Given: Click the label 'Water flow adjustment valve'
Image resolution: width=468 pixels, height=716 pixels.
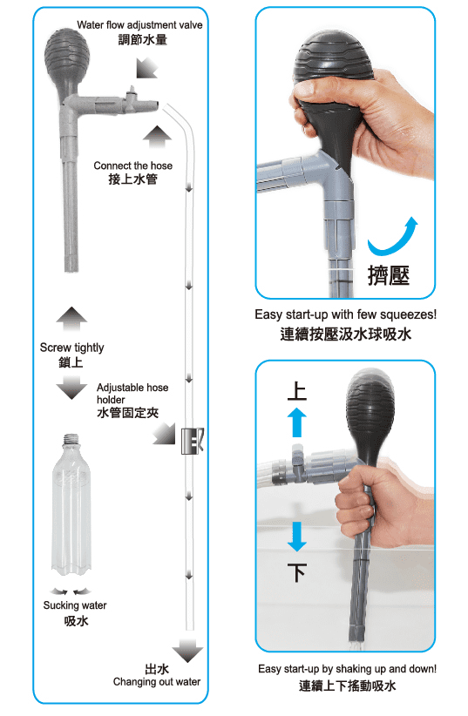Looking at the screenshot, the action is point(139,24).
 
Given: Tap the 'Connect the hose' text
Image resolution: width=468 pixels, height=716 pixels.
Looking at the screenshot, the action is point(133,165).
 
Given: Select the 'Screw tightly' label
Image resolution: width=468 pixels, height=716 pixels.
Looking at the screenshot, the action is point(71,348).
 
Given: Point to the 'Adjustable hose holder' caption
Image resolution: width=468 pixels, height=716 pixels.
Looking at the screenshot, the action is point(132,393).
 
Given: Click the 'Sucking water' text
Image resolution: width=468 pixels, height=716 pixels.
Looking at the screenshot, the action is point(75,605).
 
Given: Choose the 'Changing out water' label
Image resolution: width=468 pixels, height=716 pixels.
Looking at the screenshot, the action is point(157,682).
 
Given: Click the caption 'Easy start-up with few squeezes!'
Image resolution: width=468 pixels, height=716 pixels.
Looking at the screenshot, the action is point(345,314).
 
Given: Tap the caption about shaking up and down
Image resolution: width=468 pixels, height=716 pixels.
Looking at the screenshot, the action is point(347,669).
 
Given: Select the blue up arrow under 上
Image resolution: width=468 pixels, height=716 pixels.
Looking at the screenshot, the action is point(296,422).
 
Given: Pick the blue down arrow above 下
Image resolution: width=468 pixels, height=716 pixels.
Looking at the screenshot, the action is point(296,537).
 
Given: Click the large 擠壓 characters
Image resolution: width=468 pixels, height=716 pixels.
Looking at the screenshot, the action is point(389,275).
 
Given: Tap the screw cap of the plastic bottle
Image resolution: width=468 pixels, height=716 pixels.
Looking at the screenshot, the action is point(71,439).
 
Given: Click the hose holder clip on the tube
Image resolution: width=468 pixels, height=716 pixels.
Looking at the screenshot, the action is point(193,441).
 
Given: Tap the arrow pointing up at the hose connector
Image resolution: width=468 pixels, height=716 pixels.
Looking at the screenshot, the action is point(157,137).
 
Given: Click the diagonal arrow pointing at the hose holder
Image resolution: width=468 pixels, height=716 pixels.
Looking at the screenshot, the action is point(164,433).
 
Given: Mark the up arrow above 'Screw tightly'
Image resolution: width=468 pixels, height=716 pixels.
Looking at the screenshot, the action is point(71,319).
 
